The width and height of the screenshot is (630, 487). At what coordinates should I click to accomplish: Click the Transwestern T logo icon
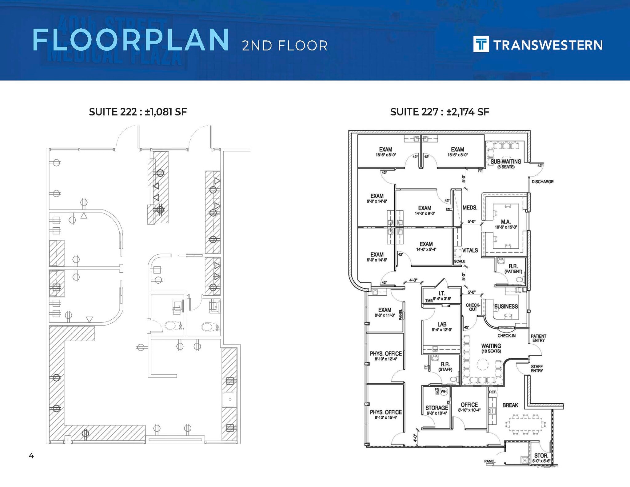[x=481, y=44]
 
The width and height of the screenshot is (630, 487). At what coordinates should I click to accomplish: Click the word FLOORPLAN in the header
[x=130, y=40]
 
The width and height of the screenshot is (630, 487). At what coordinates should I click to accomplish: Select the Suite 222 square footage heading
[x=138, y=112]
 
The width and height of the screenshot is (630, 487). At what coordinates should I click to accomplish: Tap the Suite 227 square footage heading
[x=440, y=112]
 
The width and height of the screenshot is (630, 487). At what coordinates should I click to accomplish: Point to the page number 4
[x=31, y=456]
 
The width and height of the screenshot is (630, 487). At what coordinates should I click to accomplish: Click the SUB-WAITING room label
[x=506, y=163]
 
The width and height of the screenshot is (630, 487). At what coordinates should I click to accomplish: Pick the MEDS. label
[x=470, y=208]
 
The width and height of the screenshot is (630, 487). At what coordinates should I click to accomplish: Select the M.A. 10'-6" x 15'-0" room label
[x=505, y=224]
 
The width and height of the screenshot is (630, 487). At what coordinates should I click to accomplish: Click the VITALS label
[x=470, y=250]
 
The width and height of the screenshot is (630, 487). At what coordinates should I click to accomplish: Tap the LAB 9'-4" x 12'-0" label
[x=442, y=327]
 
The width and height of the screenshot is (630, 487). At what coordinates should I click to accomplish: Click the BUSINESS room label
[x=506, y=306]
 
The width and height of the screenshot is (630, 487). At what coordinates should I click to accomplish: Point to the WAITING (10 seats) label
[x=491, y=348]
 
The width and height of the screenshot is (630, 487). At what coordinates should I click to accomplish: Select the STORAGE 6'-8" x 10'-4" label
[x=437, y=410]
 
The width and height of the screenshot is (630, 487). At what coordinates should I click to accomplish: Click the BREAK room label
[x=510, y=405]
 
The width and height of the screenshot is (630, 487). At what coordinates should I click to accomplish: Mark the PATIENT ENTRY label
[x=538, y=338]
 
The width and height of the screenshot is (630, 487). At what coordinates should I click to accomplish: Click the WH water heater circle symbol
[x=443, y=392]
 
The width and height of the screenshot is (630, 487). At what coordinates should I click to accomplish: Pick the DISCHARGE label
[x=542, y=182]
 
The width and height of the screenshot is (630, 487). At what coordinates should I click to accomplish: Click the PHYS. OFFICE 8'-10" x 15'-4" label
[x=386, y=414]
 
